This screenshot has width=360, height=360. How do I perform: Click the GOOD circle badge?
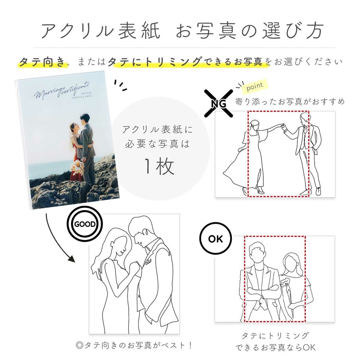[x=85, y=224]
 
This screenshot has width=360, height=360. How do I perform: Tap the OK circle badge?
[x=215, y=239]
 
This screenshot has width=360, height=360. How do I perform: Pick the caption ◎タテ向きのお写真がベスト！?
[x=135, y=345]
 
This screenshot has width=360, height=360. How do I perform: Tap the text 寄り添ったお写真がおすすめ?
[x=290, y=102]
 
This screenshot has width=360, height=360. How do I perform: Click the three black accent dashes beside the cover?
[x=120, y=86]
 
